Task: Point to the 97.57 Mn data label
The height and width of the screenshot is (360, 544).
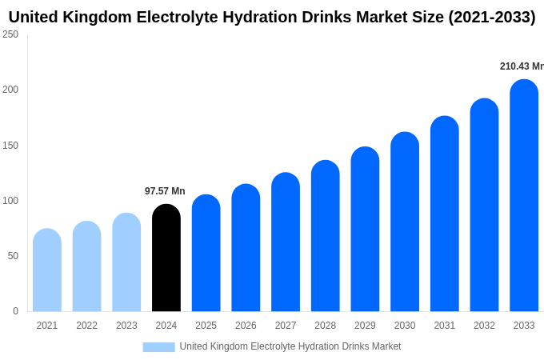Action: [165, 191]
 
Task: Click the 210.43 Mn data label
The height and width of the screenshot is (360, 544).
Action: [521, 66]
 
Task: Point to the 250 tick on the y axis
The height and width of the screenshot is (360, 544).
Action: [10, 34]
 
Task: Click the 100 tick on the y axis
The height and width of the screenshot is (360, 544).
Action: [10, 201]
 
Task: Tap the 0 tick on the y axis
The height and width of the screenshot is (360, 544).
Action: [15, 311]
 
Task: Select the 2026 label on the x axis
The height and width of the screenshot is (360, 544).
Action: [246, 326]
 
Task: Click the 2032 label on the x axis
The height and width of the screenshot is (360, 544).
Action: [484, 326]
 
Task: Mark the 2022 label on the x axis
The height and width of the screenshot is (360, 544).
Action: [86, 326]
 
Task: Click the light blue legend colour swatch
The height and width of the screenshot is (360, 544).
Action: [158, 347]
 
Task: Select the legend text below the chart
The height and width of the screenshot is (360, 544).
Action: [290, 346]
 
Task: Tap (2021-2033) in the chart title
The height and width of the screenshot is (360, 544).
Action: [486, 17]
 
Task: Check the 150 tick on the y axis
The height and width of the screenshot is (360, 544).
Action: [10, 146]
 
